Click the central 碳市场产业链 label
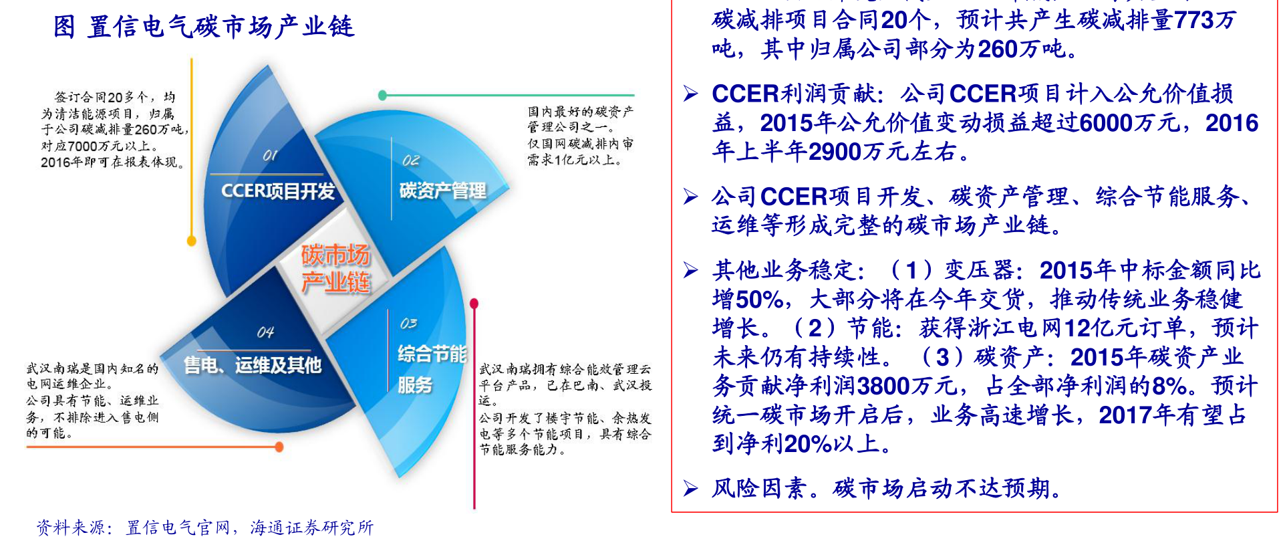[x=335, y=268]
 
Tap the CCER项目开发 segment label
[x=278, y=191]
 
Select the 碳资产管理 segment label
[x=443, y=191]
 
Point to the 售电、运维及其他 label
[x=253, y=365]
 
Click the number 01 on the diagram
[x=270, y=155]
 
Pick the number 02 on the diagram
[x=411, y=160]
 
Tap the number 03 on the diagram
[x=408, y=324]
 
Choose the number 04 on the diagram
[x=265, y=332]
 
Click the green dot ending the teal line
[x=382, y=96]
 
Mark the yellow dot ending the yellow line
[x=192, y=241]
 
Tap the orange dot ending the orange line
[x=279, y=447]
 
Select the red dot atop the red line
[x=474, y=304]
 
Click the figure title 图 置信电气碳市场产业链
[x=204, y=27]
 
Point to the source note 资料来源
[x=205, y=528]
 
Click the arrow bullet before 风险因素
[x=691, y=489]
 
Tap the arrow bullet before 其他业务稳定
[x=691, y=270]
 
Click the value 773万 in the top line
[x=1205, y=20]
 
